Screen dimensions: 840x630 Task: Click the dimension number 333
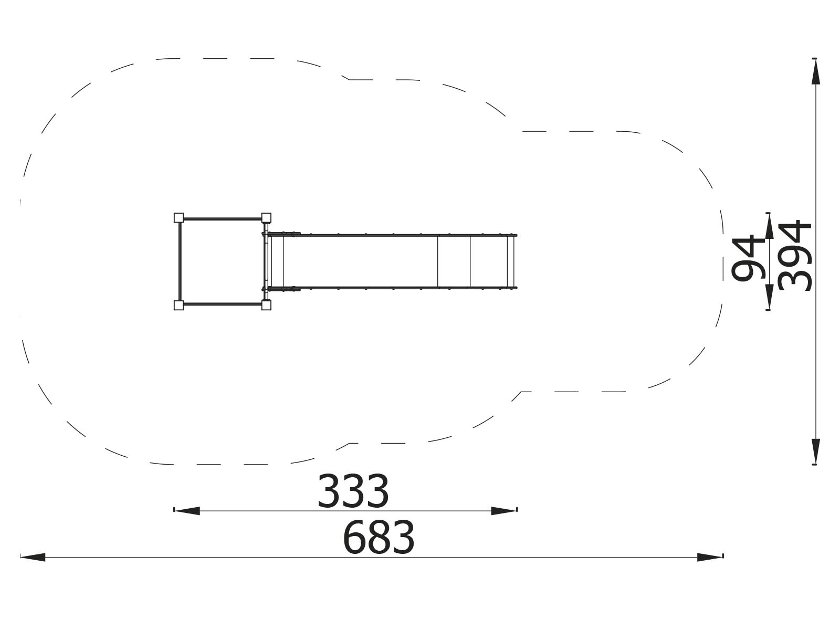point(353,491)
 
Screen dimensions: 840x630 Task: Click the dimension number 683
point(379,537)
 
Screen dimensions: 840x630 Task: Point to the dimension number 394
point(794,255)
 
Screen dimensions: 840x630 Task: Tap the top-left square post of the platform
point(178,218)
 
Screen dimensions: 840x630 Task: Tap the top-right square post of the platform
point(266,218)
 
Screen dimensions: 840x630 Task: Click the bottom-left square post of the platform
point(178,305)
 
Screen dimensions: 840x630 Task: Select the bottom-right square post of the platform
point(266,305)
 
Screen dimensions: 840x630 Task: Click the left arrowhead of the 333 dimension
point(187,511)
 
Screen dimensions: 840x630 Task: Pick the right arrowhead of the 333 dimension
point(504,511)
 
